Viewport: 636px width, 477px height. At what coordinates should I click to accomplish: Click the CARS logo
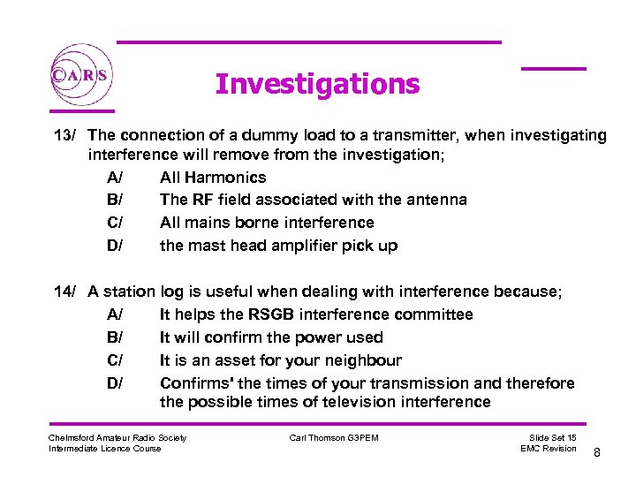click(x=81, y=75)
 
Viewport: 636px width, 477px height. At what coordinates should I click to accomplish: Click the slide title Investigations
click(x=317, y=84)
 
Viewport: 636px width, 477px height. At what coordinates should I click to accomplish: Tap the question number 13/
click(x=66, y=135)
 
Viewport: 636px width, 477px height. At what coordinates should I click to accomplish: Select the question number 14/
click(x=66, y=291)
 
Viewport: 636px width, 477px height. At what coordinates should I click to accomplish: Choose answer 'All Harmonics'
click(x=212, y=177)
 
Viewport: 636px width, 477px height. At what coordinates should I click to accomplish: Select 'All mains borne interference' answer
click(x=267, y=223)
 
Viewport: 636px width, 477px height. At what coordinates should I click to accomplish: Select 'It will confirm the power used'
click(x=271, y=337)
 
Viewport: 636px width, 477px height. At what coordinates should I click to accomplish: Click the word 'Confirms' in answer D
click(x=195, y=383)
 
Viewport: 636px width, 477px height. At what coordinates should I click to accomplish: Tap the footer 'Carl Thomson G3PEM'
click(x=334, y=438)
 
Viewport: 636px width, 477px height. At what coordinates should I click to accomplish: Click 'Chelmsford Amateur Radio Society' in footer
click(x=117, y=438)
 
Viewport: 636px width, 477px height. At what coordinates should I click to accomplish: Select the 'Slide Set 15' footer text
click(x=553, y=438)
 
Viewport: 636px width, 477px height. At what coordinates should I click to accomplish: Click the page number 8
click(x=597, y=452)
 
